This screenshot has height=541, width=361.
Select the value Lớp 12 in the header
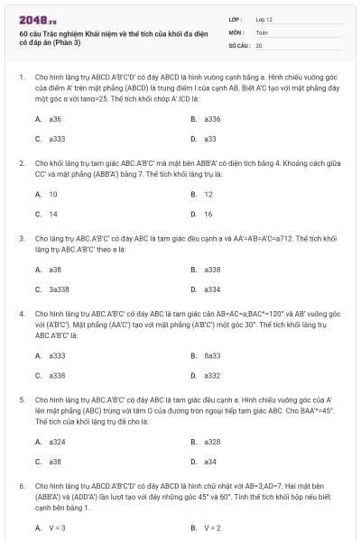coord(264,18)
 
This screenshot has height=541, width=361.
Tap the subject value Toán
coord(262,32)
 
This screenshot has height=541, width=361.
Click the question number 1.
coord(21,78)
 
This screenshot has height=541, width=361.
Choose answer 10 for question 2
coord(53,194)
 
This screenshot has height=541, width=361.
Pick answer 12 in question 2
coord(208,194)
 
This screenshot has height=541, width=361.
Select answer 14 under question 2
coord(53,214)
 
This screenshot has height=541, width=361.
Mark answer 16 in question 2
coord(208,214)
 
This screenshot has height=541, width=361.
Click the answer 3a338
coord(58,289)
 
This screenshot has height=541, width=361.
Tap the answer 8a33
coord(212,355)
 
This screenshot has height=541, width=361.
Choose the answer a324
coord(57,441)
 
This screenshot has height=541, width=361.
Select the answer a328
coord(212,441)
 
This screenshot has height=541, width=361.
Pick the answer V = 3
coord(57,527)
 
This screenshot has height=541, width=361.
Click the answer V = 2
coord(212,527)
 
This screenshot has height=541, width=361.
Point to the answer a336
coord(212,119)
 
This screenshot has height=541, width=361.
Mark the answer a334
coord(212,289)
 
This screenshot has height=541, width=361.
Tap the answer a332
coord(212,375)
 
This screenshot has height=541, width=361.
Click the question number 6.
coord(21,485)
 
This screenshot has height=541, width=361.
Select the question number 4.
coord(21,313)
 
